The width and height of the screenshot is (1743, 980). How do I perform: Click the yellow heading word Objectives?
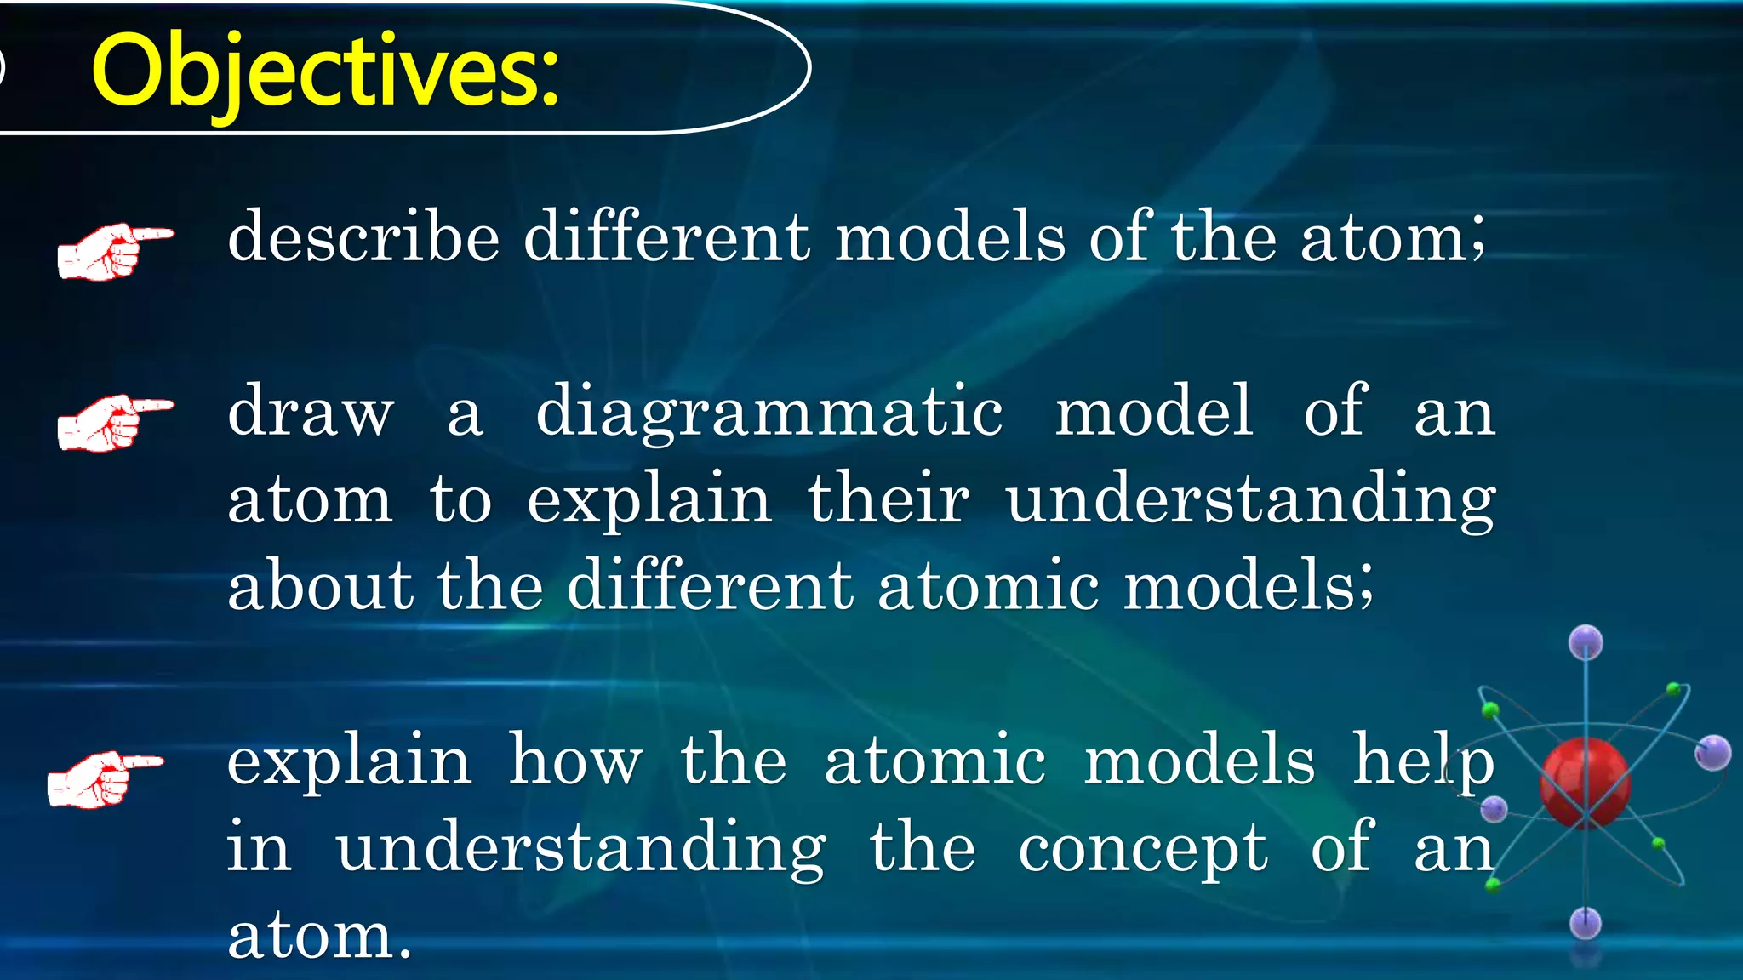coord(323,72)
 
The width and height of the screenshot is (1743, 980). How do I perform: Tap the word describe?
coord(363,237)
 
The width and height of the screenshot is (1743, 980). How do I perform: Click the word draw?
coord(311,412)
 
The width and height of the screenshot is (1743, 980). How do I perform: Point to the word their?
coord(888,499)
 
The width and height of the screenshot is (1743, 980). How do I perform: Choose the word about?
coord(320,586)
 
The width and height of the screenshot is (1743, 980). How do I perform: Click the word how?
coord(575,761)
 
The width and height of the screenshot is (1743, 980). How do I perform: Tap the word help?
coord(1423,761)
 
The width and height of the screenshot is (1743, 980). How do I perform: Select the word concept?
coord(1143,849)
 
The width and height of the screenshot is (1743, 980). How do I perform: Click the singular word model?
coord(1153,412)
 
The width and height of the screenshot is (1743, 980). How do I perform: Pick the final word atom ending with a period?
coord(319,936)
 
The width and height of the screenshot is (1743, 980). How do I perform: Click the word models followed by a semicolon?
coord(1247,586)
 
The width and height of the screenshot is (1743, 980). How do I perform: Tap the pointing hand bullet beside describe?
coord(114,251)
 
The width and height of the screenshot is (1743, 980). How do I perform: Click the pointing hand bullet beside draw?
coord(114,422)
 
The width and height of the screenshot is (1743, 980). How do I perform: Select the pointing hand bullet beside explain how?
coord(104,778)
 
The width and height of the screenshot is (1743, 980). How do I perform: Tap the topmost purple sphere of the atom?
coord(1586,642)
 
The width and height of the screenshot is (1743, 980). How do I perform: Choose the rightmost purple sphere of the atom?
coord(1712,753)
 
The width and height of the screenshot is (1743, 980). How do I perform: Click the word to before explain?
coord(460,499)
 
